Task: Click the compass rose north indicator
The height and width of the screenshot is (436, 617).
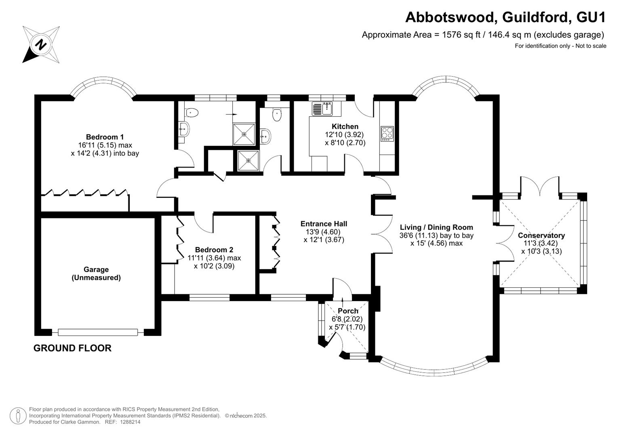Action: pos(41,44)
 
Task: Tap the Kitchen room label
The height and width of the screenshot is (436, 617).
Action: pos(345,127)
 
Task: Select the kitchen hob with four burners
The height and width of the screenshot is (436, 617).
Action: pos(387,134)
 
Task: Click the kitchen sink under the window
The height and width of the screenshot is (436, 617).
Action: pos(322,108)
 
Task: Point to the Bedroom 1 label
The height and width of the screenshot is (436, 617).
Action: pos(105,137)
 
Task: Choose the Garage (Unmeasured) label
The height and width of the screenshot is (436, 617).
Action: pos(96,273)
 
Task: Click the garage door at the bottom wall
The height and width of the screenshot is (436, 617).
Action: pos(98,332)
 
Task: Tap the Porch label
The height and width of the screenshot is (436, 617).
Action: pos(348,311)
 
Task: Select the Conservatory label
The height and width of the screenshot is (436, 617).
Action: pos(541,236)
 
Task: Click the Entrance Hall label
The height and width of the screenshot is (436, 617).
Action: pos(324,224)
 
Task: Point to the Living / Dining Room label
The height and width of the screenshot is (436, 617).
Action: pos(436,227)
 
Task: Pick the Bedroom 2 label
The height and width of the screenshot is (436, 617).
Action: pos(214,250)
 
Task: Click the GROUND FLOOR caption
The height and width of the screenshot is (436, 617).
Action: pos(72,348)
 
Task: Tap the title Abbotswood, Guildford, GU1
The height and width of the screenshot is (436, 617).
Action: pos(505,18)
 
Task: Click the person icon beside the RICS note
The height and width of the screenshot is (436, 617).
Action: pos(18,416)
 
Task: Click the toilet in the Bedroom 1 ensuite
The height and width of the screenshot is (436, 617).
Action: pos(192,113)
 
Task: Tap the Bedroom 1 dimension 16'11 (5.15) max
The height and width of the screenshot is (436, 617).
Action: pos(105,145)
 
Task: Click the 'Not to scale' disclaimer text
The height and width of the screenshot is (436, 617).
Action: pos(591,46)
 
